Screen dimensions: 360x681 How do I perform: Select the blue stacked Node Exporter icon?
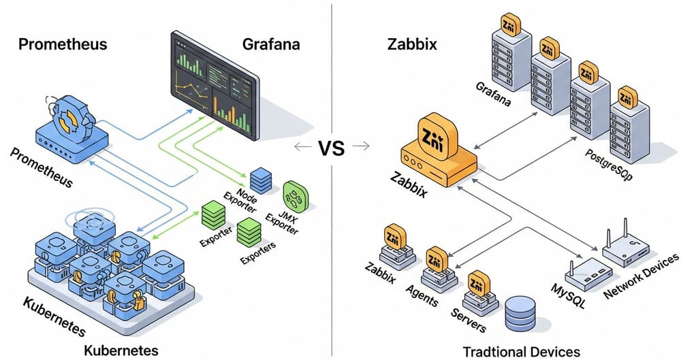pyautogui.click(x=260, y=180)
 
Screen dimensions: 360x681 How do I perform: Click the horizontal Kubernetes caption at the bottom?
pyautogui.click(x=121, y=350)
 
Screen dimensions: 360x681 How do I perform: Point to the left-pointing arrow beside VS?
pyautogui.click(x=298, y=146)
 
